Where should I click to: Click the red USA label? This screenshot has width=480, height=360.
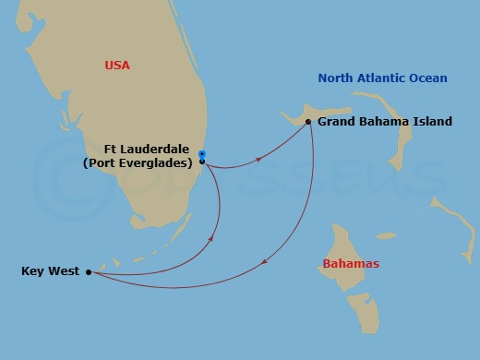[x=117, y=66]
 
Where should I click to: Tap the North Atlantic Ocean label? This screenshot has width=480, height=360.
[x=383, y=78]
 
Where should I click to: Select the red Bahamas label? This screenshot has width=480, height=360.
[x=351, y=264]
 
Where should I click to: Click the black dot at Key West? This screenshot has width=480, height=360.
[x=89, y=271]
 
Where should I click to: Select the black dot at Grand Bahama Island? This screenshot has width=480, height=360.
[x=307, y=121]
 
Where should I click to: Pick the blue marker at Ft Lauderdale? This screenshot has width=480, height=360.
[x=202, y=154]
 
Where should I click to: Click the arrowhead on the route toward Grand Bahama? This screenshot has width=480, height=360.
[x=258, y=159]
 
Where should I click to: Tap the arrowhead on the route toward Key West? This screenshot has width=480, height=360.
[x=266, y=263]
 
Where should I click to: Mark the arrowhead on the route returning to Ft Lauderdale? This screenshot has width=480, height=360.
[x=212, y=238]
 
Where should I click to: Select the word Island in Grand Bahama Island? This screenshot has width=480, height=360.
[x=433, y=121]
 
